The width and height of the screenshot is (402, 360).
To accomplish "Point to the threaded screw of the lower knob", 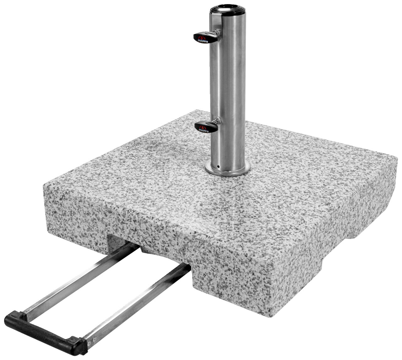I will coord(216,121).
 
